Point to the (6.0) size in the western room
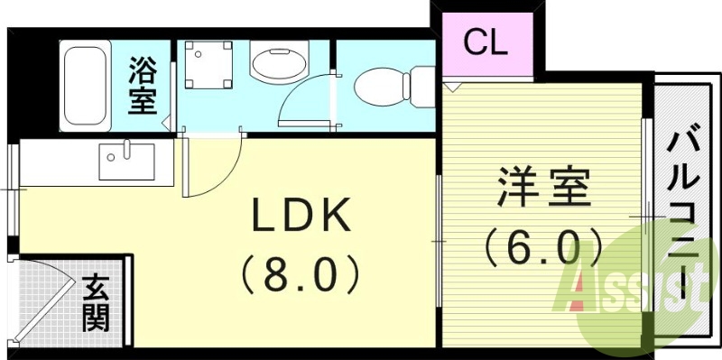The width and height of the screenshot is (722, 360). pyautogui.click(x=543, y=245)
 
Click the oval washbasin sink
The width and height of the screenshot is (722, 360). pyautogui.click(x=276, y=65)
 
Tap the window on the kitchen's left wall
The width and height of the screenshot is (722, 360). pyautogui.click(x=13, y=189)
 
